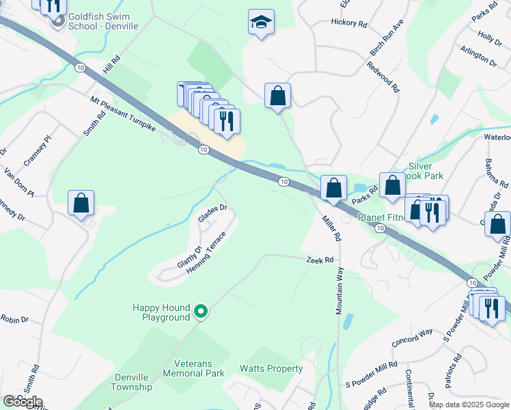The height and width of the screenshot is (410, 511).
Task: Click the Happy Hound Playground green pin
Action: click(x=200, y=312)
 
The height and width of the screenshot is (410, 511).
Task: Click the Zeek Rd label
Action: click(x=319, y=260)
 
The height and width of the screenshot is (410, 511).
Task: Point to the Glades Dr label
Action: click(x=212, y=214)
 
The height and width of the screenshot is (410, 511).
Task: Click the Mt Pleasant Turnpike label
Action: click(x=123, y=113)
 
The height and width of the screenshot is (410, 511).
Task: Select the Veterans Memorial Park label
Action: click(x=199, y=368)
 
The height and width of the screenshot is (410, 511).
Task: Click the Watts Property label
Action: click(x=271, y=369)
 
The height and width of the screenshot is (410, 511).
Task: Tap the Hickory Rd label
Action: click(x=348, y=23)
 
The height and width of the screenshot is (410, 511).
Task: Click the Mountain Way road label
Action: click(x=339, y=290)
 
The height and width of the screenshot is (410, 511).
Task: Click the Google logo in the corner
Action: click(x=23, y=401)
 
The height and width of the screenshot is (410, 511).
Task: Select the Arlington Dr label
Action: click(x=478, y=56)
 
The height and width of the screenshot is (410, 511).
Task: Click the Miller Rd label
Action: click(x=331, y=228)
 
